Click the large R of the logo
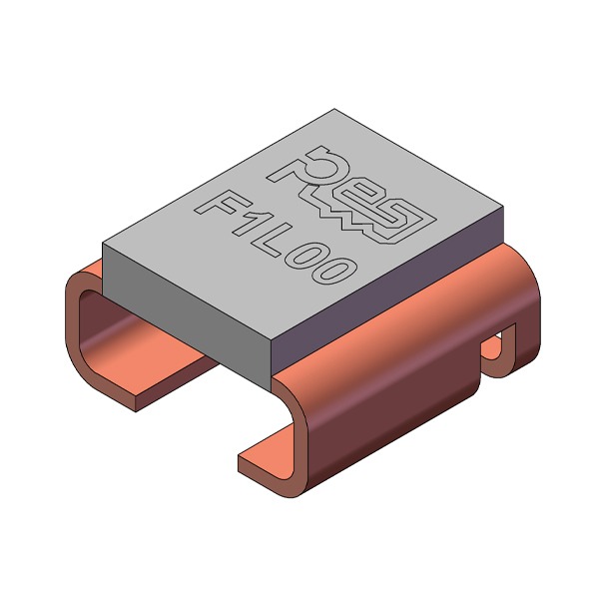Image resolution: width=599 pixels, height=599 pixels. pos(305,168)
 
